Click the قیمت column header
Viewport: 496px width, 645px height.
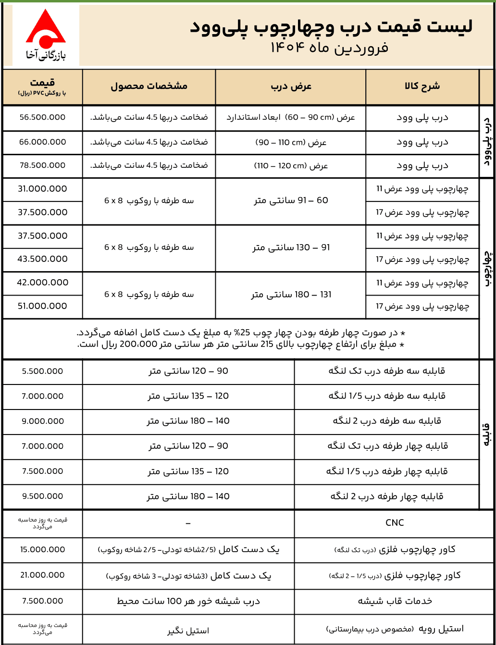(x=42, y=87)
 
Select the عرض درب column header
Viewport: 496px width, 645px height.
(x=291, y=87)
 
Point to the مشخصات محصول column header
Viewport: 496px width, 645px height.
(x=149, y=87)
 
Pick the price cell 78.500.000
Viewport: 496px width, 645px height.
(x=42, y=165)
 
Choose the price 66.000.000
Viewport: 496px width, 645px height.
(x=42, y=142)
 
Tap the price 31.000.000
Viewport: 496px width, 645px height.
(x=42, y=189)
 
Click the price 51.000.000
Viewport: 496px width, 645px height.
(x=42, y=306)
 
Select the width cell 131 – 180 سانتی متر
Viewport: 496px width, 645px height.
(x=291, y=295)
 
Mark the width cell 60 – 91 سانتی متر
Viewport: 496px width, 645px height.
(x=291, y=200)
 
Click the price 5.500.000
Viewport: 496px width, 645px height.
(x=42, y=372)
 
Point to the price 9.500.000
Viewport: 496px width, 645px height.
(x=42, y=496)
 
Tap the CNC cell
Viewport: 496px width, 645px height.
(x=395, y=523)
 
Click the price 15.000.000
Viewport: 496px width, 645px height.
(x=42, y=549)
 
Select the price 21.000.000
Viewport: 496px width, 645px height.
(x=42, y=575)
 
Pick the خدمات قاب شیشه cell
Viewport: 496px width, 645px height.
(x=395, y=601)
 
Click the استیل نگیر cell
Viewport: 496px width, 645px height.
(x=188, y=630)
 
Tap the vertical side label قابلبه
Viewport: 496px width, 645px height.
(x=486, y=434)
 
